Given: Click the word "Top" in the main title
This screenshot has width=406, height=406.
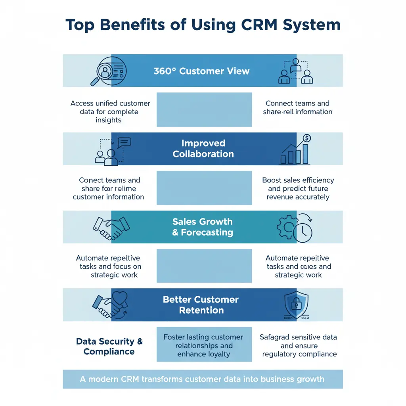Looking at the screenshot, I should [81, 25].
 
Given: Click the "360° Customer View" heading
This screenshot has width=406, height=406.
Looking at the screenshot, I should [201, 71].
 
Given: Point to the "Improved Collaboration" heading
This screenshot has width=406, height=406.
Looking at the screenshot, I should [203, 149].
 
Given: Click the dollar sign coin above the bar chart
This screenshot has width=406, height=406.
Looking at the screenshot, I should [306, 138].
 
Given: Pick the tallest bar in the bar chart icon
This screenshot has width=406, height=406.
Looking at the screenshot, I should [305, 154].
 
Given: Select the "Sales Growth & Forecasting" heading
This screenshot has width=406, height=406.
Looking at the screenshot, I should [203, 227].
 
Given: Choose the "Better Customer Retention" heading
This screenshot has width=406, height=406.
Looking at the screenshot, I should [201, 305].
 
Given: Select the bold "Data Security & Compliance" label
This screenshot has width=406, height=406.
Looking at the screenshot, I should [109, 346].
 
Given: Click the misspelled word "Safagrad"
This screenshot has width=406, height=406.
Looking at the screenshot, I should [275, 337].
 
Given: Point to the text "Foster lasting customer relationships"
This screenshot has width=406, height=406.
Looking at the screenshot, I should [203, 341].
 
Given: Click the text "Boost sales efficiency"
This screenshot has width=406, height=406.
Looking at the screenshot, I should [298, 180].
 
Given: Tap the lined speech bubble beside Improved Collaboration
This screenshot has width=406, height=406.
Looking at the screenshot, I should [124, 142].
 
